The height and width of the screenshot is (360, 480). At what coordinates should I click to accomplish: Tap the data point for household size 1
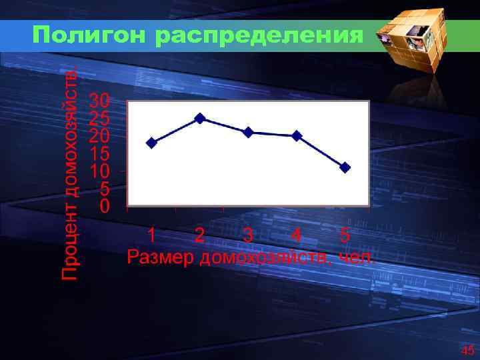tap(151, 143)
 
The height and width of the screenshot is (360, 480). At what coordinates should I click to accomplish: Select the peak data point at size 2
tap(199, 118)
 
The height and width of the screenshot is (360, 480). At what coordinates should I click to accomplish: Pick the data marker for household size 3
tap(248, 132)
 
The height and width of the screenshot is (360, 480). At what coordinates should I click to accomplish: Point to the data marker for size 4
tap(297, 136)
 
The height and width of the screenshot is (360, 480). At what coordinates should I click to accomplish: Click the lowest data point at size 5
tap(345, 167)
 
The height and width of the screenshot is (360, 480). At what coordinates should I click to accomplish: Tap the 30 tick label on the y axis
tap(99, 101)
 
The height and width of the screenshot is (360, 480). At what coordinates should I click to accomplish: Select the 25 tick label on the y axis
tap(99, 119)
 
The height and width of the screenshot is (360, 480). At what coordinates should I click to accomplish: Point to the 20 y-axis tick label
tap(99, 136)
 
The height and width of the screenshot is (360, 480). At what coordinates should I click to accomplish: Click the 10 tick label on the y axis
tap(99, 171)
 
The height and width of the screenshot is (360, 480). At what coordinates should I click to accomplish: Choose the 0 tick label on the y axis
tap(104, 206)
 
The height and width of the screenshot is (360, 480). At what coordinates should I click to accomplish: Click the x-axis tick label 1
tap(152, 235)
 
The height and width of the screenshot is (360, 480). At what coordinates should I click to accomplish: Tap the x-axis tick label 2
tap(199, 235)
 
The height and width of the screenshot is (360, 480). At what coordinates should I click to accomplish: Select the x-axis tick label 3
tap(248, 235)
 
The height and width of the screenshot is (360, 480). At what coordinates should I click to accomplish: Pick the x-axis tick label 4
tap(297, 235)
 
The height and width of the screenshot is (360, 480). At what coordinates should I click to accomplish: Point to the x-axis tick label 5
tap(344, 235)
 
